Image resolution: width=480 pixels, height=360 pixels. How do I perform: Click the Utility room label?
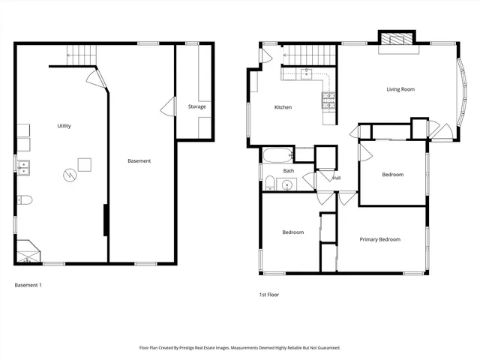(64, 126)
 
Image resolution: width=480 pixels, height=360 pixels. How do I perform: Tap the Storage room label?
(196, 106)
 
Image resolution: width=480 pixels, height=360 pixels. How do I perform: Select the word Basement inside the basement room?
(139, 160)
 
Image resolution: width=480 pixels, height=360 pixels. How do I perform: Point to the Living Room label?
(400, 89)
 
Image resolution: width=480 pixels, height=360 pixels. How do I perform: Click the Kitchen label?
(283, 107)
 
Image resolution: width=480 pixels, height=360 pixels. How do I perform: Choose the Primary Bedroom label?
(379, 239)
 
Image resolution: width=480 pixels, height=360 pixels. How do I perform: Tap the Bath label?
(289, 171)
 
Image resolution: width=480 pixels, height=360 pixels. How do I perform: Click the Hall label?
(337, 178)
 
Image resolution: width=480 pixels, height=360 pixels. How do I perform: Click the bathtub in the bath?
(277, 156)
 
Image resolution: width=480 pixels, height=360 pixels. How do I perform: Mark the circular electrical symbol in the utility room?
(69, 175)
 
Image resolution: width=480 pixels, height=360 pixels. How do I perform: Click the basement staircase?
(82, 54)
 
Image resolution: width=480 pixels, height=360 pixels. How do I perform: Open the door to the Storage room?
(167, 106)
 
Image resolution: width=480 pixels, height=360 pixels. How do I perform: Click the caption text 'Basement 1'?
(28, 285)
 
